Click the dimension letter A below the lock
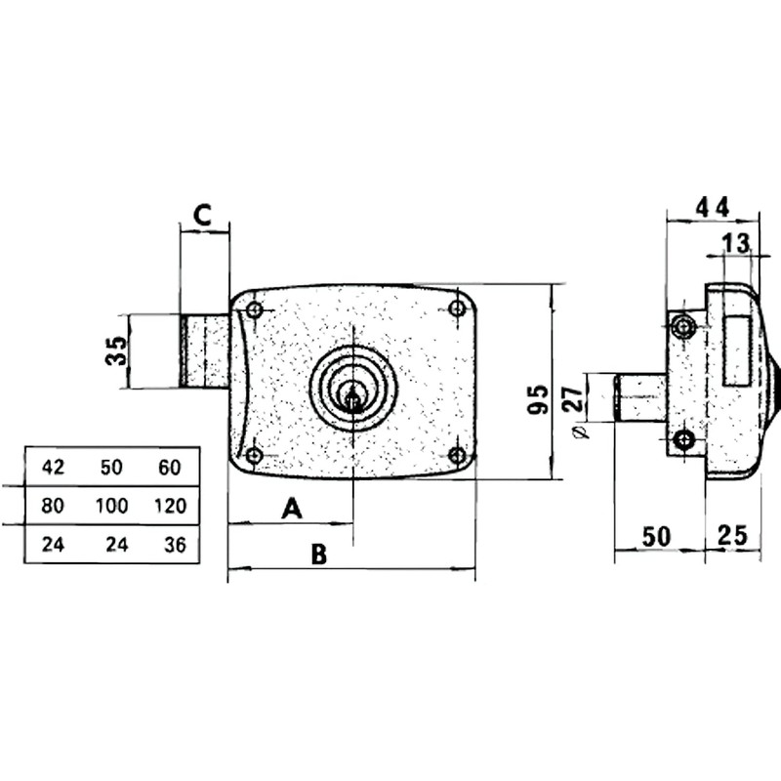(290, 508)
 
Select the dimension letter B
(318, 555)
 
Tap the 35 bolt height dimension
(116, 350)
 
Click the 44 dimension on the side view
(713, 206)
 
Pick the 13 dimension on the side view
(737, 242)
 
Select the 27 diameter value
(575, 398)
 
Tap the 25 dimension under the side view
(732, 535)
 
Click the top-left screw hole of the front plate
(255, 310)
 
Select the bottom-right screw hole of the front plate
(456, 455)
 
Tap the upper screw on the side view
(685, 326)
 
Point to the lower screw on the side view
(685, 440)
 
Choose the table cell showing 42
(54, 468)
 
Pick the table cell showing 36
(170, 545)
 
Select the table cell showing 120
(170, 506)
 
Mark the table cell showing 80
(54, 506)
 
